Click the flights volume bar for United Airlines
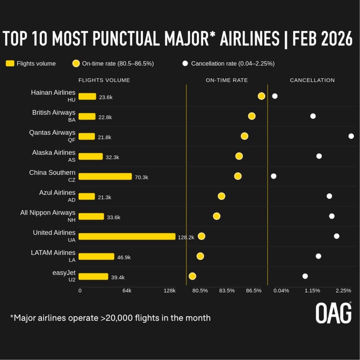[127, 236]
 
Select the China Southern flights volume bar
[105, 176]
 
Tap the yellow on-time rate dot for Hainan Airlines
[262, 96]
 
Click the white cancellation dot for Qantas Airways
[351, 136]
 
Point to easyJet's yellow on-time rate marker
[192, 276]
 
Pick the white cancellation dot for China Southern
[274, 176]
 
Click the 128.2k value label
[186, 237]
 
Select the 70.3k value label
[142, 177]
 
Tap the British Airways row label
[54, 113]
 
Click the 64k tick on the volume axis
[127, 290]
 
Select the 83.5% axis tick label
[227, 290]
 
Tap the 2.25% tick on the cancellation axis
[343, 290]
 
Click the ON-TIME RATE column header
[227, 80]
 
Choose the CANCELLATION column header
[312, 80]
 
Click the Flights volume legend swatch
[10, 63]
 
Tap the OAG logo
[333, 312]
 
